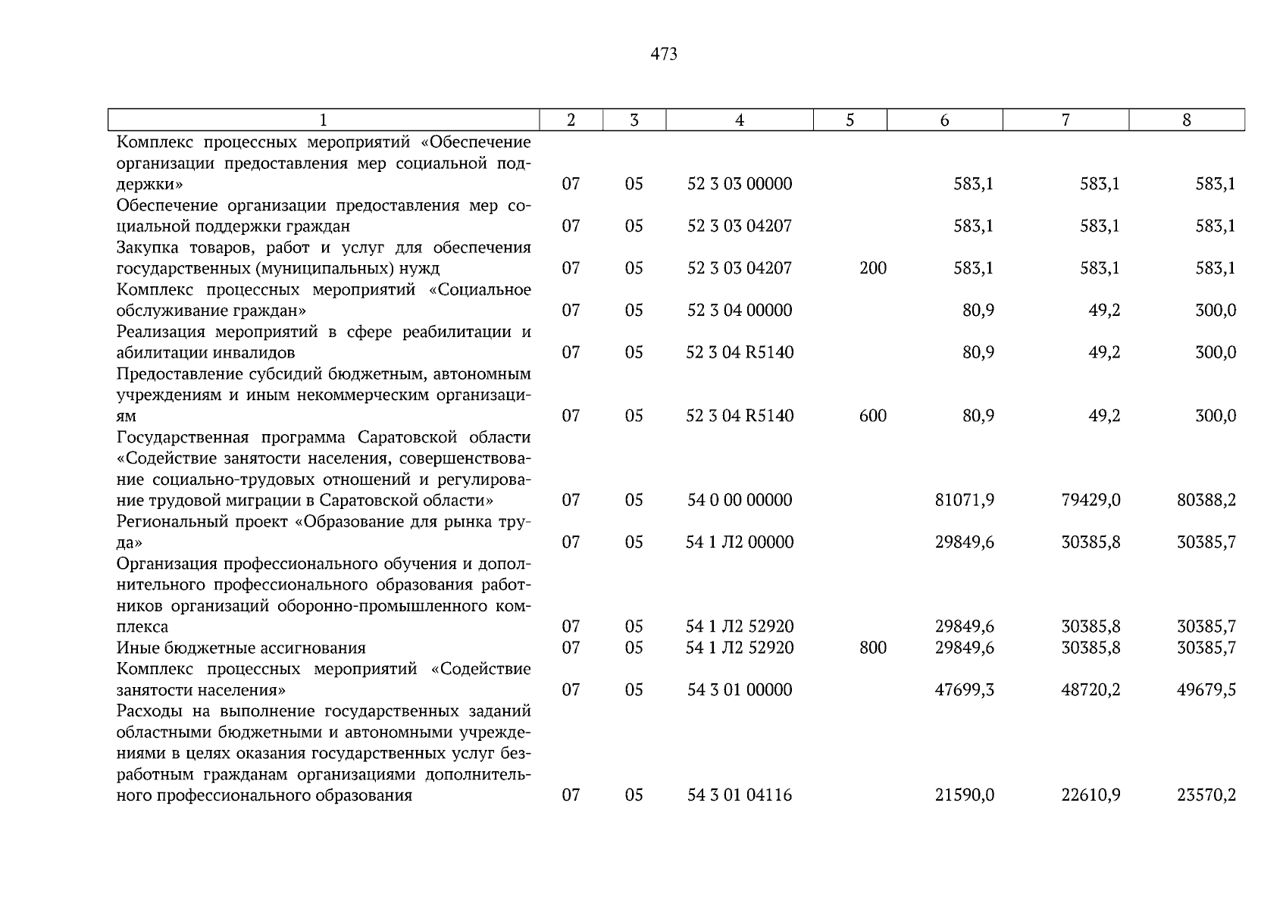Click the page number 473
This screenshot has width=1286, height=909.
point(663,55)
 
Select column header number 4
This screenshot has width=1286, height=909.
point(739,120)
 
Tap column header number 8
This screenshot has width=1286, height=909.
point(1186,120)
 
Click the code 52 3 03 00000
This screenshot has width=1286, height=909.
point(739,184)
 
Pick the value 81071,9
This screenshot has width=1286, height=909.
point(964,500)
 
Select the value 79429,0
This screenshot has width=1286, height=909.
point(1090,500)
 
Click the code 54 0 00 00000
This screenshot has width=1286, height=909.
point(739,500)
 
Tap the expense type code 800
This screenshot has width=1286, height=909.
point(873,648)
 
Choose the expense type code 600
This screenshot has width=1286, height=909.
point(873,416)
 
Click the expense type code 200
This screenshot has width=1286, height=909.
point(873,268)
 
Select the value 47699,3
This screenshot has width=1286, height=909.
point(964,690)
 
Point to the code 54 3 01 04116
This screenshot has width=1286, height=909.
point(739,795)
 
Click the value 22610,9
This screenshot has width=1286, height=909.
point(1090,795)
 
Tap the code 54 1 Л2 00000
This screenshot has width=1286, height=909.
point(739,542)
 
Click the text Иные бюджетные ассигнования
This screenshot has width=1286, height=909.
point(241,648)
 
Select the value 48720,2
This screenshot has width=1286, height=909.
point(1090,690)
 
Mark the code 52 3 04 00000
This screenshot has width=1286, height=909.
point(739,311)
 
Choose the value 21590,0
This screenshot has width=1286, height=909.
point(964,795)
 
